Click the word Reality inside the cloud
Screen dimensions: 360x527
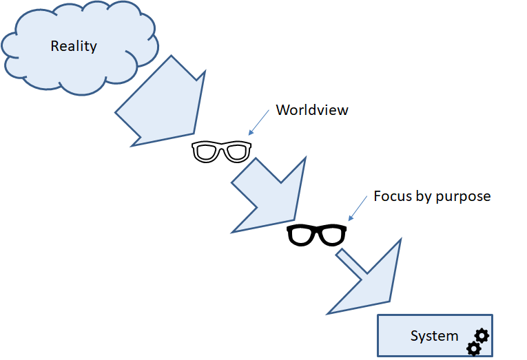tap(74, 47)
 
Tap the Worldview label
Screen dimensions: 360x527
tap(312, 109)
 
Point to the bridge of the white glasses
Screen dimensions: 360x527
tap(221, 148)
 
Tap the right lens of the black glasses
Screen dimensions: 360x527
tap(331, 236)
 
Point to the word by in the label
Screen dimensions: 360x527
tap(422, 197)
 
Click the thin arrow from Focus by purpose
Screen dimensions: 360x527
tap(356, 208)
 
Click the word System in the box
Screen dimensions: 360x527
tap(434, 337)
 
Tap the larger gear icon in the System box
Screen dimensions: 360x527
tap(482, 335)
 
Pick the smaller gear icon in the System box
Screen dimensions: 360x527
tap(473, 348)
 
